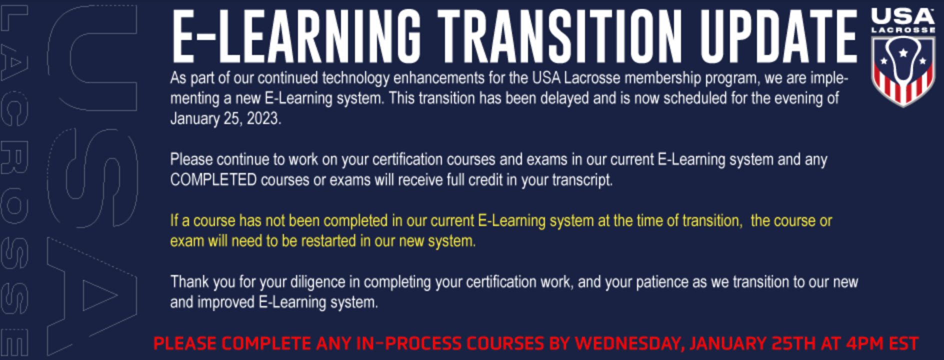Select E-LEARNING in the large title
296,36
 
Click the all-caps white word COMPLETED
213,179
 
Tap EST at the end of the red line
904,343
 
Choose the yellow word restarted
328,241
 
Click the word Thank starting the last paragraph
189,281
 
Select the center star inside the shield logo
903,52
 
